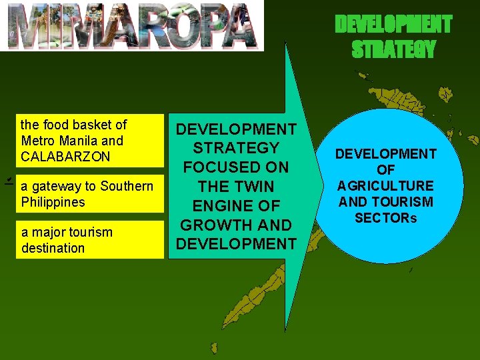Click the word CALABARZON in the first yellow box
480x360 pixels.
point(65,157)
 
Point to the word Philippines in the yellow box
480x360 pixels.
point(53,202)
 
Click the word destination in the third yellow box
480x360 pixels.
point(53,248)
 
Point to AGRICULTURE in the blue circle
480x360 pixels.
point(385,186)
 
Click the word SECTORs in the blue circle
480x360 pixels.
point(385,218)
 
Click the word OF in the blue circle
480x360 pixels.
point(385,170)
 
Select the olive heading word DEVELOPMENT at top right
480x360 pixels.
point(393,25)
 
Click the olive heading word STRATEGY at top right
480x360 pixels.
point(393,49)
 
